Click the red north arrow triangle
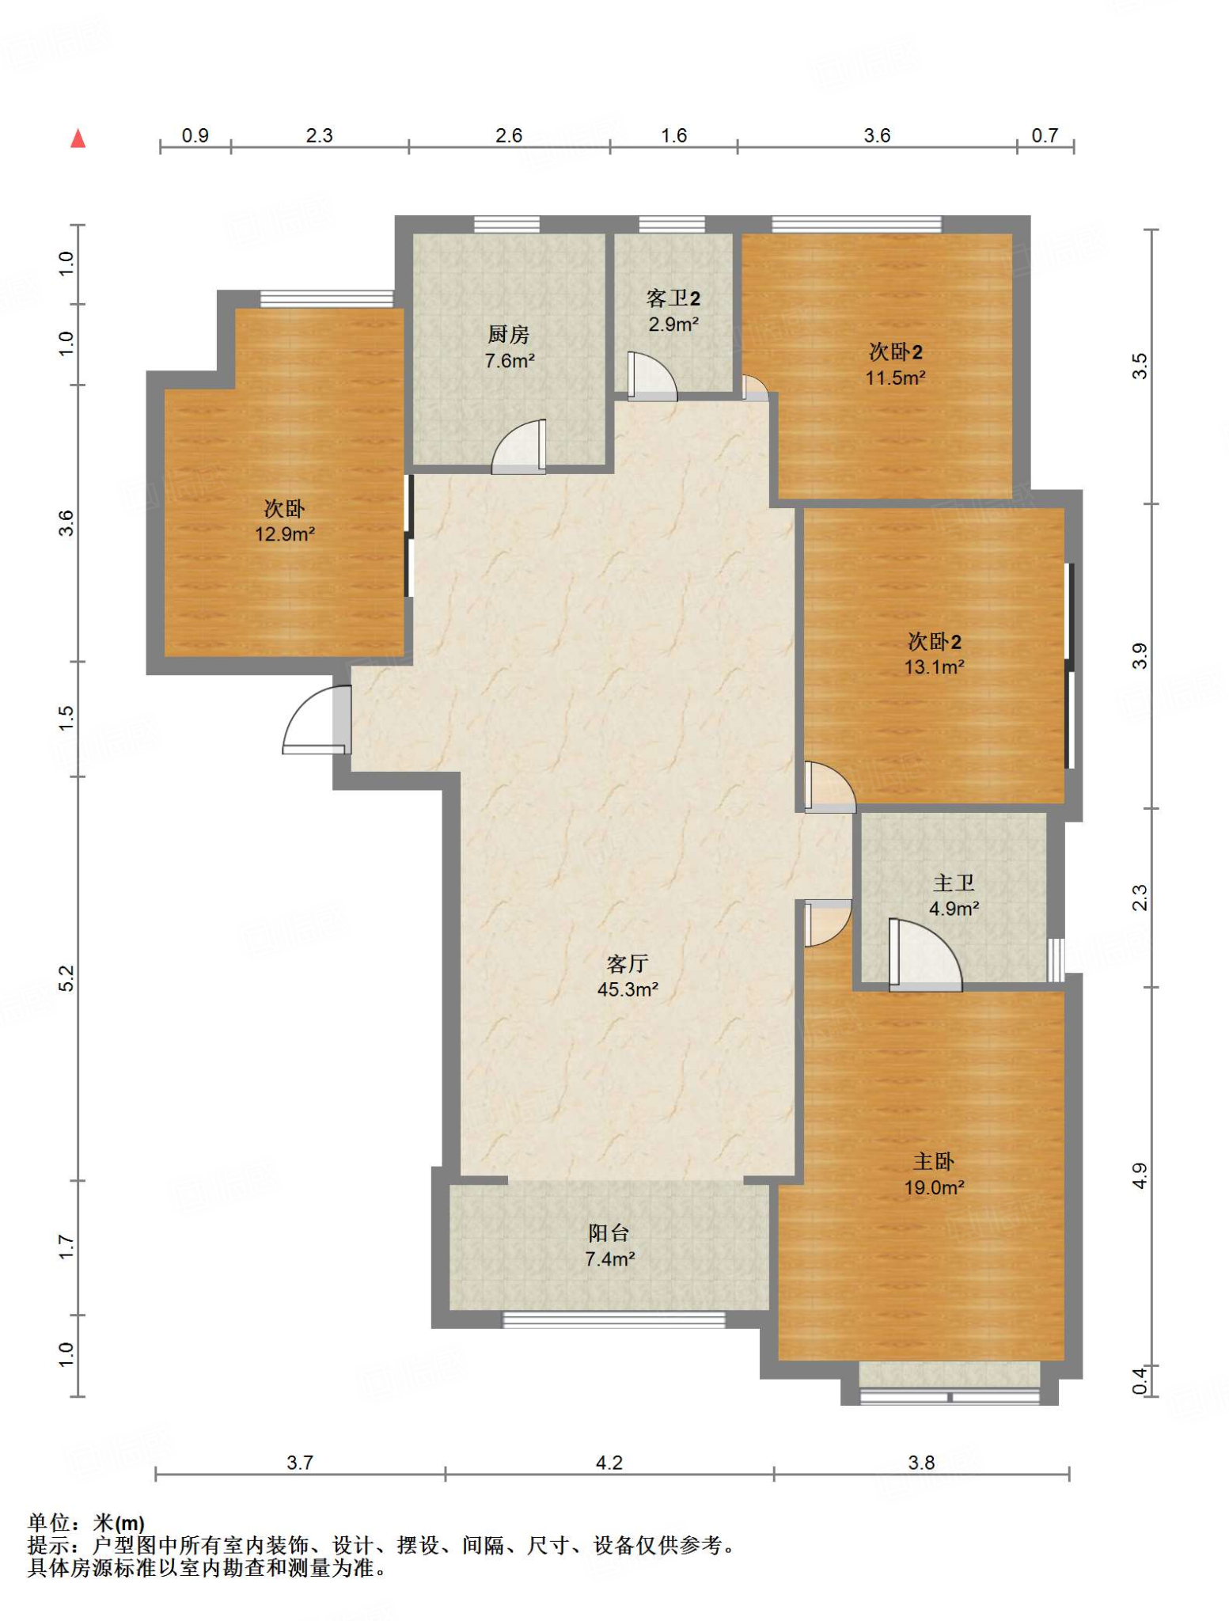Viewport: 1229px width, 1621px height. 78,139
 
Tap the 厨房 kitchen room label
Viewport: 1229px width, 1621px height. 508,335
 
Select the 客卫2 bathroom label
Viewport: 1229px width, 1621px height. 673,298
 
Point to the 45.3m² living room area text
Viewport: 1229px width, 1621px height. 628,989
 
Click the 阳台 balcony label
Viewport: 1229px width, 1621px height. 609,1232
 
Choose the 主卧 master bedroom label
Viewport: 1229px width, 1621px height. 934,1161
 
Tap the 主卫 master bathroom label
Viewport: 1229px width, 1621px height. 954,883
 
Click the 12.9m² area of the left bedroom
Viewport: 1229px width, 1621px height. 285,534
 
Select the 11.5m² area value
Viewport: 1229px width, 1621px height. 896,378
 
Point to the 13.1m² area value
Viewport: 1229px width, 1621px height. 935,667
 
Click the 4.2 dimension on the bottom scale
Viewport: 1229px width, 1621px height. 609,1462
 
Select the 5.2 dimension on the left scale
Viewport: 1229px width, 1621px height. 66,978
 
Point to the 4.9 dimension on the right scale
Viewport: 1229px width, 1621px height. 1139,1175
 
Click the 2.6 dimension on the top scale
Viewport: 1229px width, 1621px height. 509,135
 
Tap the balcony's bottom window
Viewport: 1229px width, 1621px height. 614,1319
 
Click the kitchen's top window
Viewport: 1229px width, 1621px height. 507,224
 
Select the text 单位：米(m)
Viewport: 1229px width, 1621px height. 86,1522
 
